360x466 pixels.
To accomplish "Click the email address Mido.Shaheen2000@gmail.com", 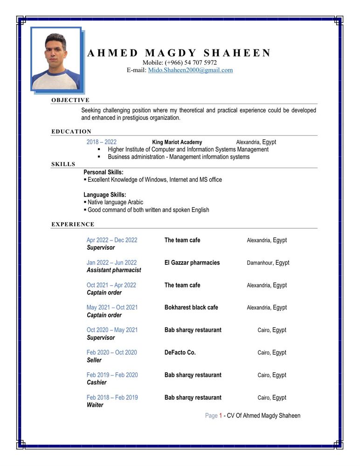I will tap(190, 70).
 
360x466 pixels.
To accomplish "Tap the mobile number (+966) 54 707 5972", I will tap(191, 62).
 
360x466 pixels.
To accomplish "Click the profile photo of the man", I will tap(56, 59).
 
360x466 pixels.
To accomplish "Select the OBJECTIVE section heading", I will tap(70, 100).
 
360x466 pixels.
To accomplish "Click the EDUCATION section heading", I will tap(71, 132).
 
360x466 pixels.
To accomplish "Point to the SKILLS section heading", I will tap(63, 164).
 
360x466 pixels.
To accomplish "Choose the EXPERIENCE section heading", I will tap(73, 225).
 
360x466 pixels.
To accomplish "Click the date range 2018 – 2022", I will tap(102, 142).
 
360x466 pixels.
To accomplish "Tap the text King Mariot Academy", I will tap(177, 142).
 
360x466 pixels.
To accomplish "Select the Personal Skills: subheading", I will tap(104, 172).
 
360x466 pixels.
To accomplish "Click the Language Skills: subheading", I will tap(105, 195).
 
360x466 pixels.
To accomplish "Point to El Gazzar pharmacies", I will tap(192, 263).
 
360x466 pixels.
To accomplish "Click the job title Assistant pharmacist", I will tap(114, 270).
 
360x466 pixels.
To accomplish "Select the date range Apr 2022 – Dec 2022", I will tap(112, 240).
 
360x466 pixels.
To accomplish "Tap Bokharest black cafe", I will tap(191, 308).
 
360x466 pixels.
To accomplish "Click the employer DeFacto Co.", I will tap(180, 353).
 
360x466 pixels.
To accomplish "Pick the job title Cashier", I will tap(97, 383).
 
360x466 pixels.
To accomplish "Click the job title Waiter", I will tap(95, 405).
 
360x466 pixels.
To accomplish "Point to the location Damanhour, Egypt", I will tap(268, 263).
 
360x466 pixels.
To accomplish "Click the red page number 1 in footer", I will tap(221, 416).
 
